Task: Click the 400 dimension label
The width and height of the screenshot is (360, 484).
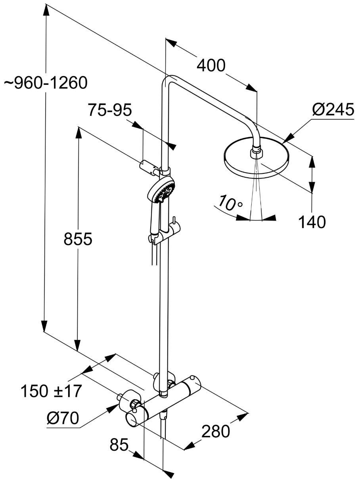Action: [x=211, y=65]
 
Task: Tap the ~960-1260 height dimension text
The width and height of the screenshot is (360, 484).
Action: [x=46, y=83]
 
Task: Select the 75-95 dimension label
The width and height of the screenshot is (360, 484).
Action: [x=110, y=110]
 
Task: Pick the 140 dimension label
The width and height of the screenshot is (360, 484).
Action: [x=312, y=222]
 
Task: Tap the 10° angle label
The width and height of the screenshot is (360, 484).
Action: [x=231, y=204]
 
